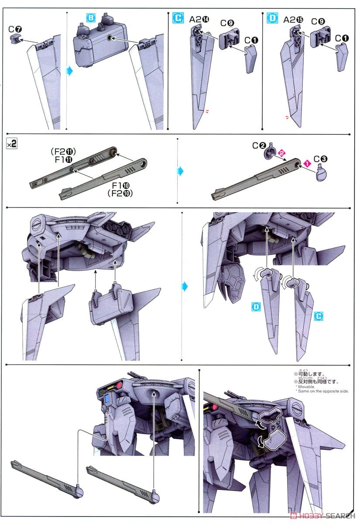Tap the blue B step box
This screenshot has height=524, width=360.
click(x=91, y=18)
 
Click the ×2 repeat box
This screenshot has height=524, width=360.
click(x=12, y=144)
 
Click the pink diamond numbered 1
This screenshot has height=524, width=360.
click(x=307, y=163)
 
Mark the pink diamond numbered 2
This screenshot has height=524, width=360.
click(x=282, y=153)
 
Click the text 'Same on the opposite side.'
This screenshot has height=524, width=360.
click(x=322, y=391)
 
